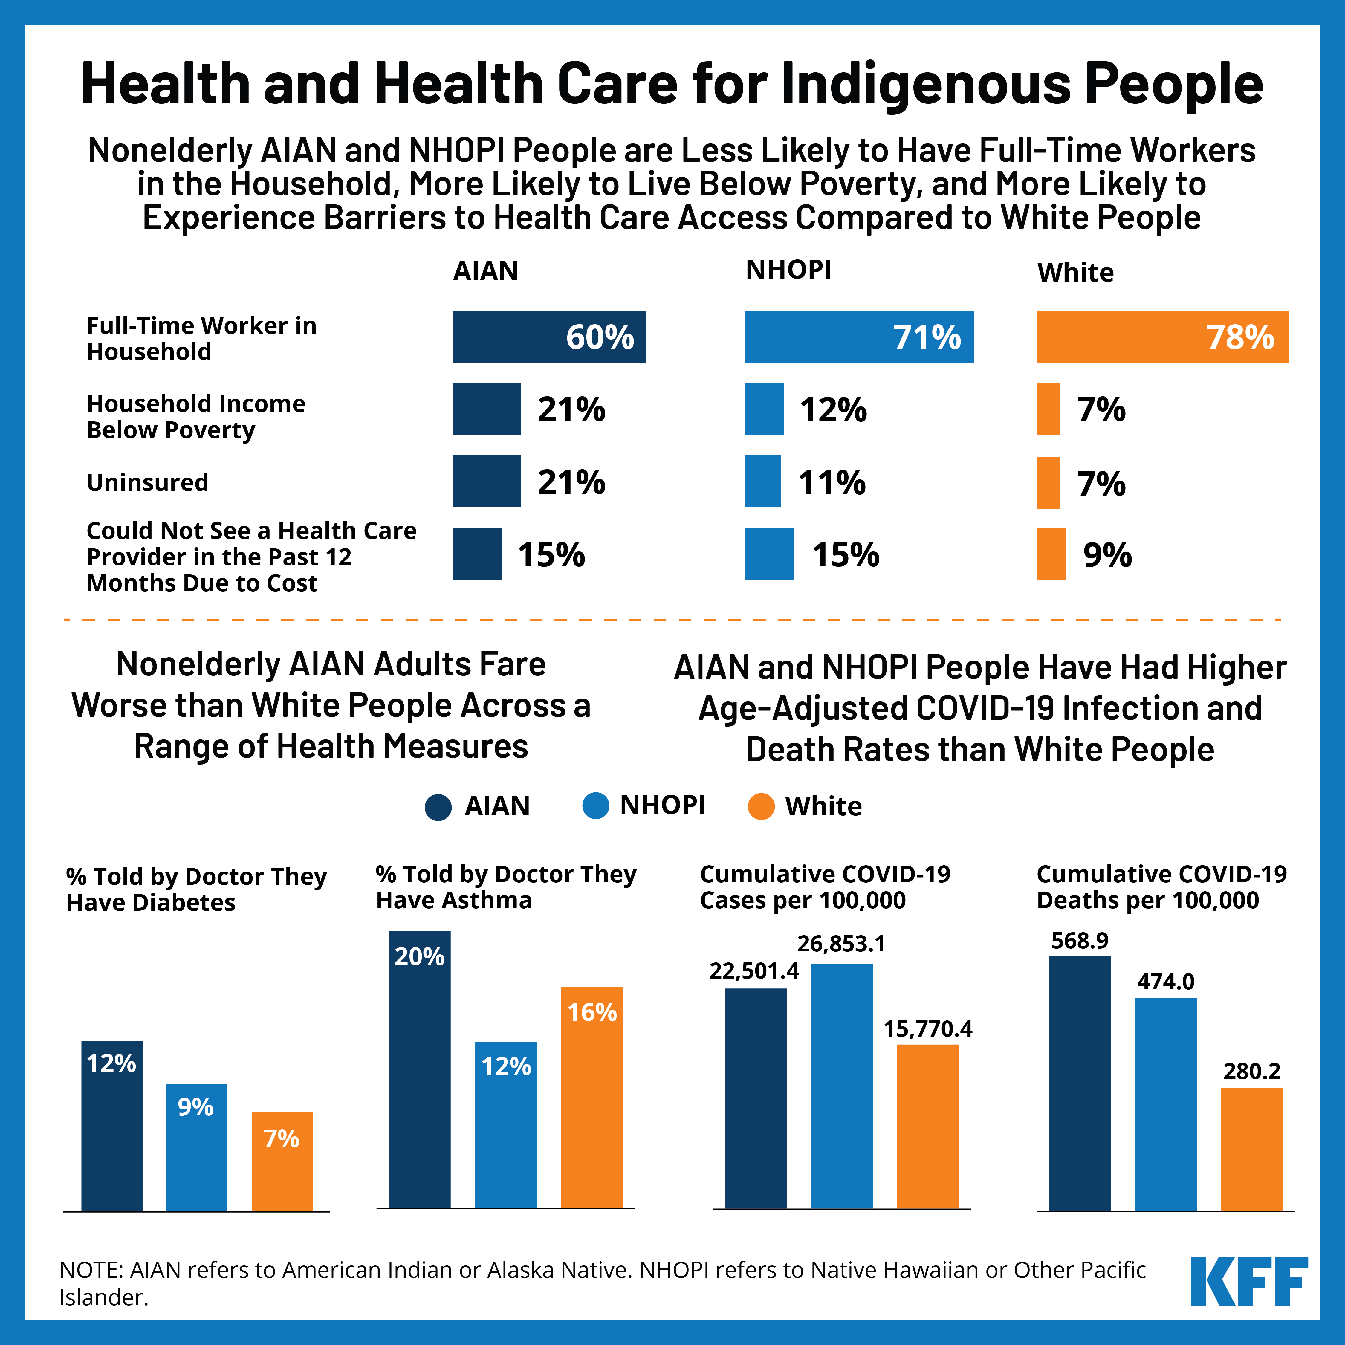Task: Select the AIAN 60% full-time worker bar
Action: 549,337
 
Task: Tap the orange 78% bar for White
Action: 1162,337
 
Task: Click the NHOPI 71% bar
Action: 858,337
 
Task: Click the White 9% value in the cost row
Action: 1107,555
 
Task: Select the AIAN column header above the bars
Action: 485,271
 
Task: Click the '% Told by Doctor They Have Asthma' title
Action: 506,887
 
